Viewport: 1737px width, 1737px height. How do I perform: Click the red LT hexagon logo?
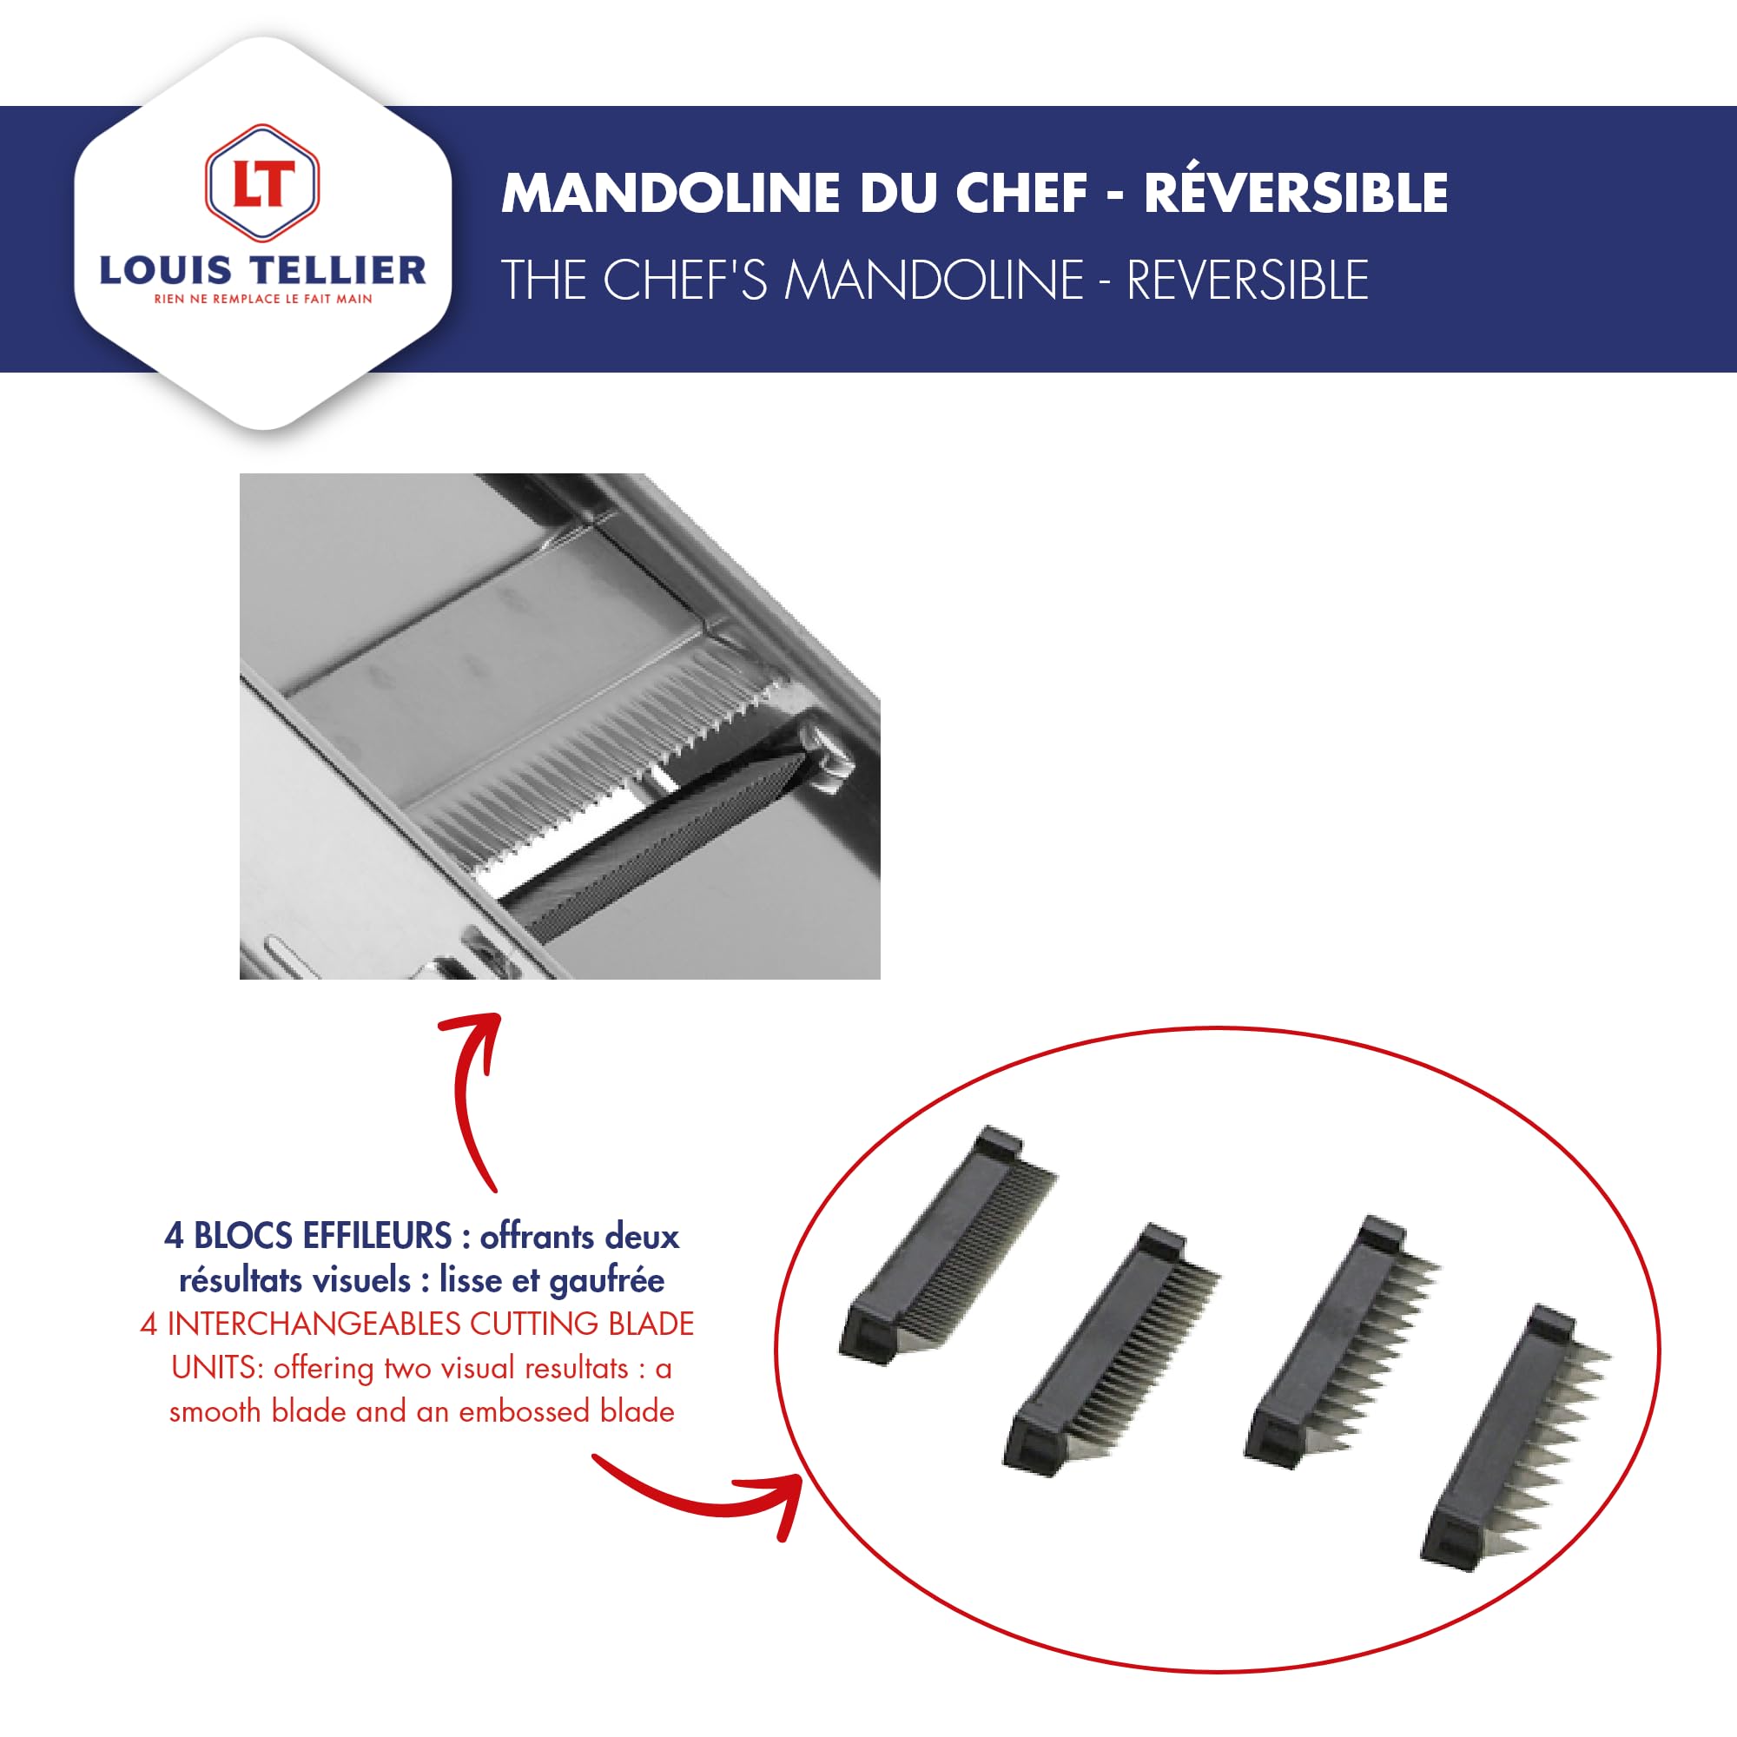coord(261,182)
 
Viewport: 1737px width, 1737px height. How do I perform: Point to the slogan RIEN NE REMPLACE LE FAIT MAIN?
coord(262,300)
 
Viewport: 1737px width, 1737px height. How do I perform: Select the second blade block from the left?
coord(1110,1349)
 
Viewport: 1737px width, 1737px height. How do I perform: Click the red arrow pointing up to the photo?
coord(477,1097)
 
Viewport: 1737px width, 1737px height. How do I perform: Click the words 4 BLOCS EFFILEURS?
coord(307,1236)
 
